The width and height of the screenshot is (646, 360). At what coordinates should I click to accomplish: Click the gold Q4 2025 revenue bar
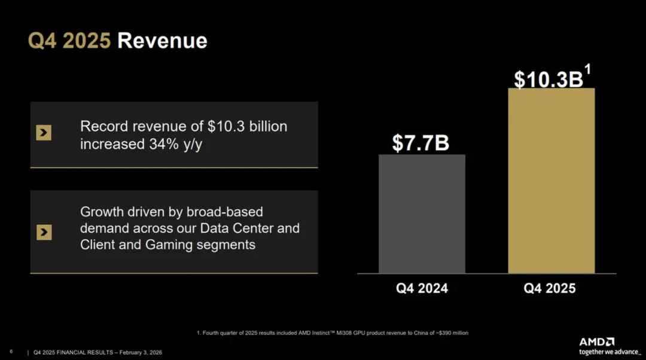click(551, 181)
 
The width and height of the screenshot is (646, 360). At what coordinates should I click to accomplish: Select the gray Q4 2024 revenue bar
click(422, 213)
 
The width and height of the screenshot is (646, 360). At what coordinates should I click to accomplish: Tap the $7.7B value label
click(420, 143)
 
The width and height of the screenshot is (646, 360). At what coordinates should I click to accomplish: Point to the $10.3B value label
click(548, 80)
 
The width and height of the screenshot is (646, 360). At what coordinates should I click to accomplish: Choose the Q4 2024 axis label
click(422, 288)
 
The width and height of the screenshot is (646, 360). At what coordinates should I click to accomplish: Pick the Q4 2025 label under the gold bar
click(550, 288)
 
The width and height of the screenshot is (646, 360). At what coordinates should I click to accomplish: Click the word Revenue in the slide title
click(162, 41)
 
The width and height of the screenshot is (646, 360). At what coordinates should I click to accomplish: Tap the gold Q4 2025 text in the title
click(69, 41)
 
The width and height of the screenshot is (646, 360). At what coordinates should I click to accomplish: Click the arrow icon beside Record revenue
click(44, 133)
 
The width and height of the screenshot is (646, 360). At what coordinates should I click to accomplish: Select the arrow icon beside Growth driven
click(44, 232)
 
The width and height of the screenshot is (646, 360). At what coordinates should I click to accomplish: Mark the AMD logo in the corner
click(596, 341)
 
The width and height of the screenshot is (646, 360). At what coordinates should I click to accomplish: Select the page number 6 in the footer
click(11, 352)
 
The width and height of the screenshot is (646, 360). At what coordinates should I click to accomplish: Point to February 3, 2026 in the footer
click(141, 352)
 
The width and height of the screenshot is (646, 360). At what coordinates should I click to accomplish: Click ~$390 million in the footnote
click(452, 332)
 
